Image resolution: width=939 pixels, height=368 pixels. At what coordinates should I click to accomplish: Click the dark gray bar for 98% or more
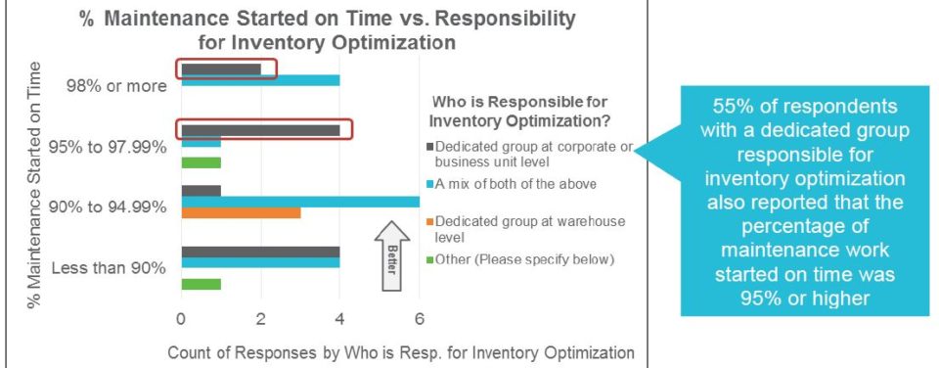221,69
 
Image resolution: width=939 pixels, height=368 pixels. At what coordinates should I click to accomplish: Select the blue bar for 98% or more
260,80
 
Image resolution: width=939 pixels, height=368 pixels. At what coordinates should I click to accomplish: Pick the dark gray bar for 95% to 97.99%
260,130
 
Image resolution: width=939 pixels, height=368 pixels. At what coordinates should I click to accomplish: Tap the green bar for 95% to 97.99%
201,162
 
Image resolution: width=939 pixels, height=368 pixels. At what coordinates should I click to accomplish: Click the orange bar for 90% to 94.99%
241,212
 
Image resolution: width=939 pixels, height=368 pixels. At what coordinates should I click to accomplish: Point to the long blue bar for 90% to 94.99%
300,202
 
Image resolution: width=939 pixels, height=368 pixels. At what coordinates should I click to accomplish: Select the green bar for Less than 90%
201,284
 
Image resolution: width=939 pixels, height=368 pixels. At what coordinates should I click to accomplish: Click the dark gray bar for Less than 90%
260,252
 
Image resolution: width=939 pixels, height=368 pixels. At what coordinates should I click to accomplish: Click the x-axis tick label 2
260,319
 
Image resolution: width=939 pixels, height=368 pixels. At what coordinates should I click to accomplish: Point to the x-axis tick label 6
420,319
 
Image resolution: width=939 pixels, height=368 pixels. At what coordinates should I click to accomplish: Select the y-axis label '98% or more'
116,86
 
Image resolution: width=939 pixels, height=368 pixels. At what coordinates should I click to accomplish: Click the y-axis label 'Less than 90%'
109,268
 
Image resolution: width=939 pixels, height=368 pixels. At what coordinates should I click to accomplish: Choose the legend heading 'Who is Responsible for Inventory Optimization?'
520,111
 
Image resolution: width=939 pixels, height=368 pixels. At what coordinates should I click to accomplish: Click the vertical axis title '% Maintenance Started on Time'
35,185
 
